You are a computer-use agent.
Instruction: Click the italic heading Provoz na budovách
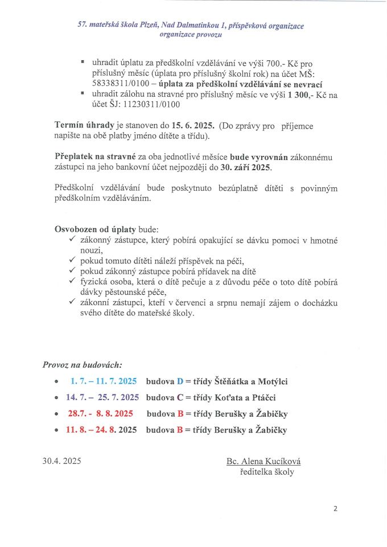pos(82,364)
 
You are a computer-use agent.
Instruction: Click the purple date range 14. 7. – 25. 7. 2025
pos(102,397)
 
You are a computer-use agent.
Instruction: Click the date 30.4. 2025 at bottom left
pos(61,461)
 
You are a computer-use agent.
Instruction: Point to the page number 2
pos(336,508)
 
